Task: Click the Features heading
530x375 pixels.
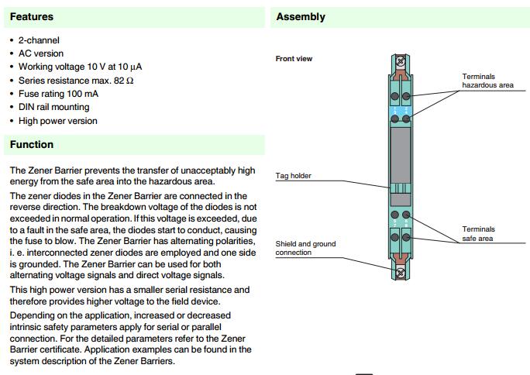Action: [32, 16]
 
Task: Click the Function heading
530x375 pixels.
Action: [32, 145]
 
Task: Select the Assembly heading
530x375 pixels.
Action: [301, 17]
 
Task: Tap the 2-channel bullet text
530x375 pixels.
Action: [39, 40]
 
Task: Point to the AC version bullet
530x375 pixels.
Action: [41, 53]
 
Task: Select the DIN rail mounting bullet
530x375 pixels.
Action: [53, 107]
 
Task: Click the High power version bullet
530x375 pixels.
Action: [58, 121]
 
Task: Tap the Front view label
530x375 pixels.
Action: [294, 59]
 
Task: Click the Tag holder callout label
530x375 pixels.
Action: [294, 176]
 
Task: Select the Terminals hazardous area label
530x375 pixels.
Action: [487, 81]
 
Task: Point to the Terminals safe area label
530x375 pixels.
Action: [478, 233]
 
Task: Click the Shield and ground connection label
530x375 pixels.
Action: [305, 248]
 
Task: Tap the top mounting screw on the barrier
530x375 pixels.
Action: [401, 60]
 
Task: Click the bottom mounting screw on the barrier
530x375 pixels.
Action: [401, 273]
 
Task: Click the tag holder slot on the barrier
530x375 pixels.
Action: [401, 188]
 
